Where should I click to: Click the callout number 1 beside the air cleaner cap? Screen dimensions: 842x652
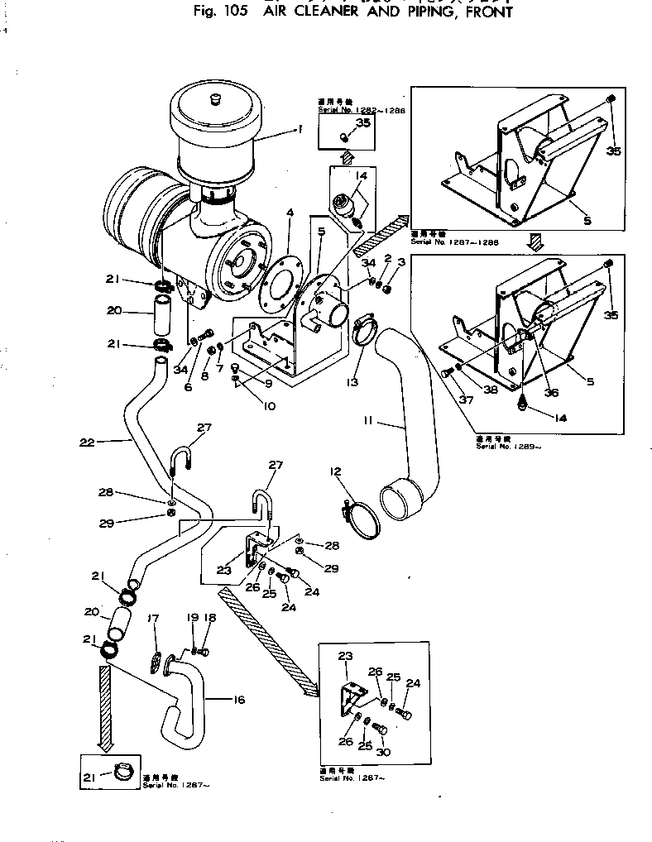(x=300, y=129)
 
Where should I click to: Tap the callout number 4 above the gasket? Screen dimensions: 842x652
(x=290, y=213)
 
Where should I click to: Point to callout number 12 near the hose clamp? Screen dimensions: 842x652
(x=335, y=471)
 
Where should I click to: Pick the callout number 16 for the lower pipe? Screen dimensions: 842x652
(x=239, y=700)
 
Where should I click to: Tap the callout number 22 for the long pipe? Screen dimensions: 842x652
(x=86, y=443)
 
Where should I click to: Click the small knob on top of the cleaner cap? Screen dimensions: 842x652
(x=218, y=100)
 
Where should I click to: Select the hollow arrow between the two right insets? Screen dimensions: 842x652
(x=535, y=241)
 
